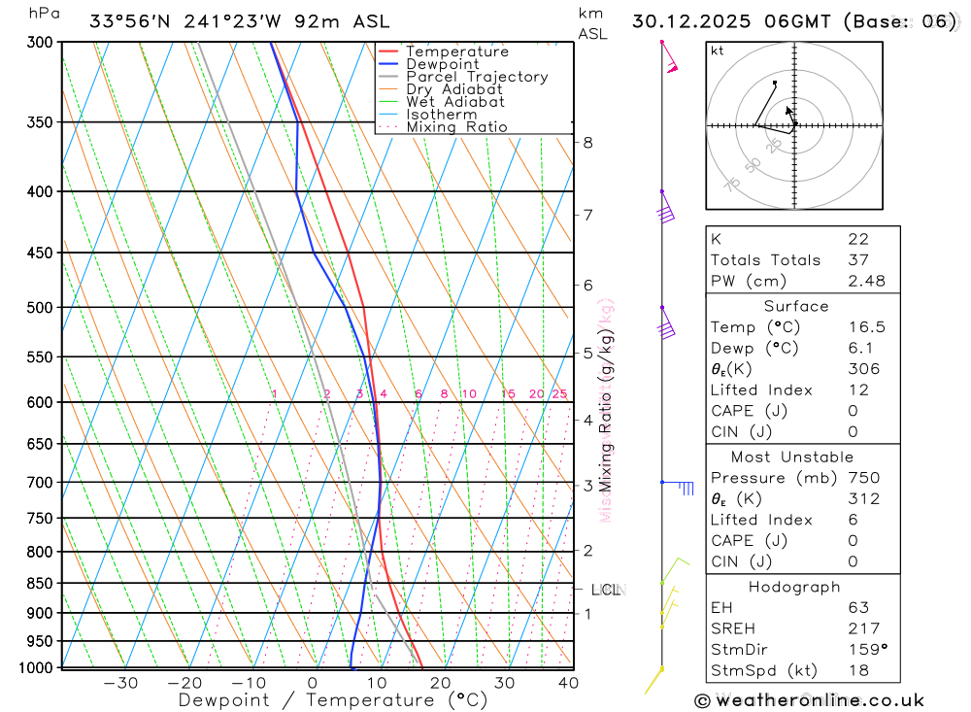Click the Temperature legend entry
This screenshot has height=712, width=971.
(456, 51)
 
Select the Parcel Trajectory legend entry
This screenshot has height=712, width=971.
(477, 77)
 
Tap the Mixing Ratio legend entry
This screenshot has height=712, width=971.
(456, 127)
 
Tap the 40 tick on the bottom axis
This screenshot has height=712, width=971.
(568, 683)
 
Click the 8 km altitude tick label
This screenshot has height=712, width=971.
(587, 143)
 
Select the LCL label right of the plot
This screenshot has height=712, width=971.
(605, 590)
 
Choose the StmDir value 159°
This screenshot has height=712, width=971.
(866, 650)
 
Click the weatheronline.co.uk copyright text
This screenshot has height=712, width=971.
(809, 700)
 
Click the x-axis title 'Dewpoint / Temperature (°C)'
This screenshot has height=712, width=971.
(333, 700)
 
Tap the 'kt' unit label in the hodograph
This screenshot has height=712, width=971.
(718, 51)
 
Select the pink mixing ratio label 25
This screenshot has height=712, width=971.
(559, 393)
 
